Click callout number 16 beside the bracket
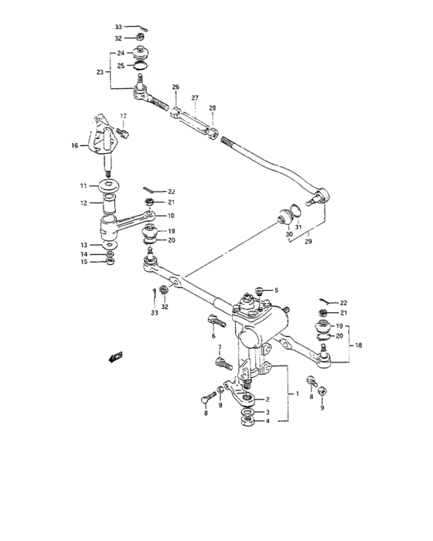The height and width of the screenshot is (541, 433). (74, 145)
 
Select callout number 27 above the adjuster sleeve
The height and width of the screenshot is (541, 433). (195, 98)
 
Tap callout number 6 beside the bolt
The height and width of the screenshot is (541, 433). (213, 336)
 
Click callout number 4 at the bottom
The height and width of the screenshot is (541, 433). (268, 421)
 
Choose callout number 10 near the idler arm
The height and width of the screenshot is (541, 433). (170, 216)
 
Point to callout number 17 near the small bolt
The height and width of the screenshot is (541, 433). (121, 117)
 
